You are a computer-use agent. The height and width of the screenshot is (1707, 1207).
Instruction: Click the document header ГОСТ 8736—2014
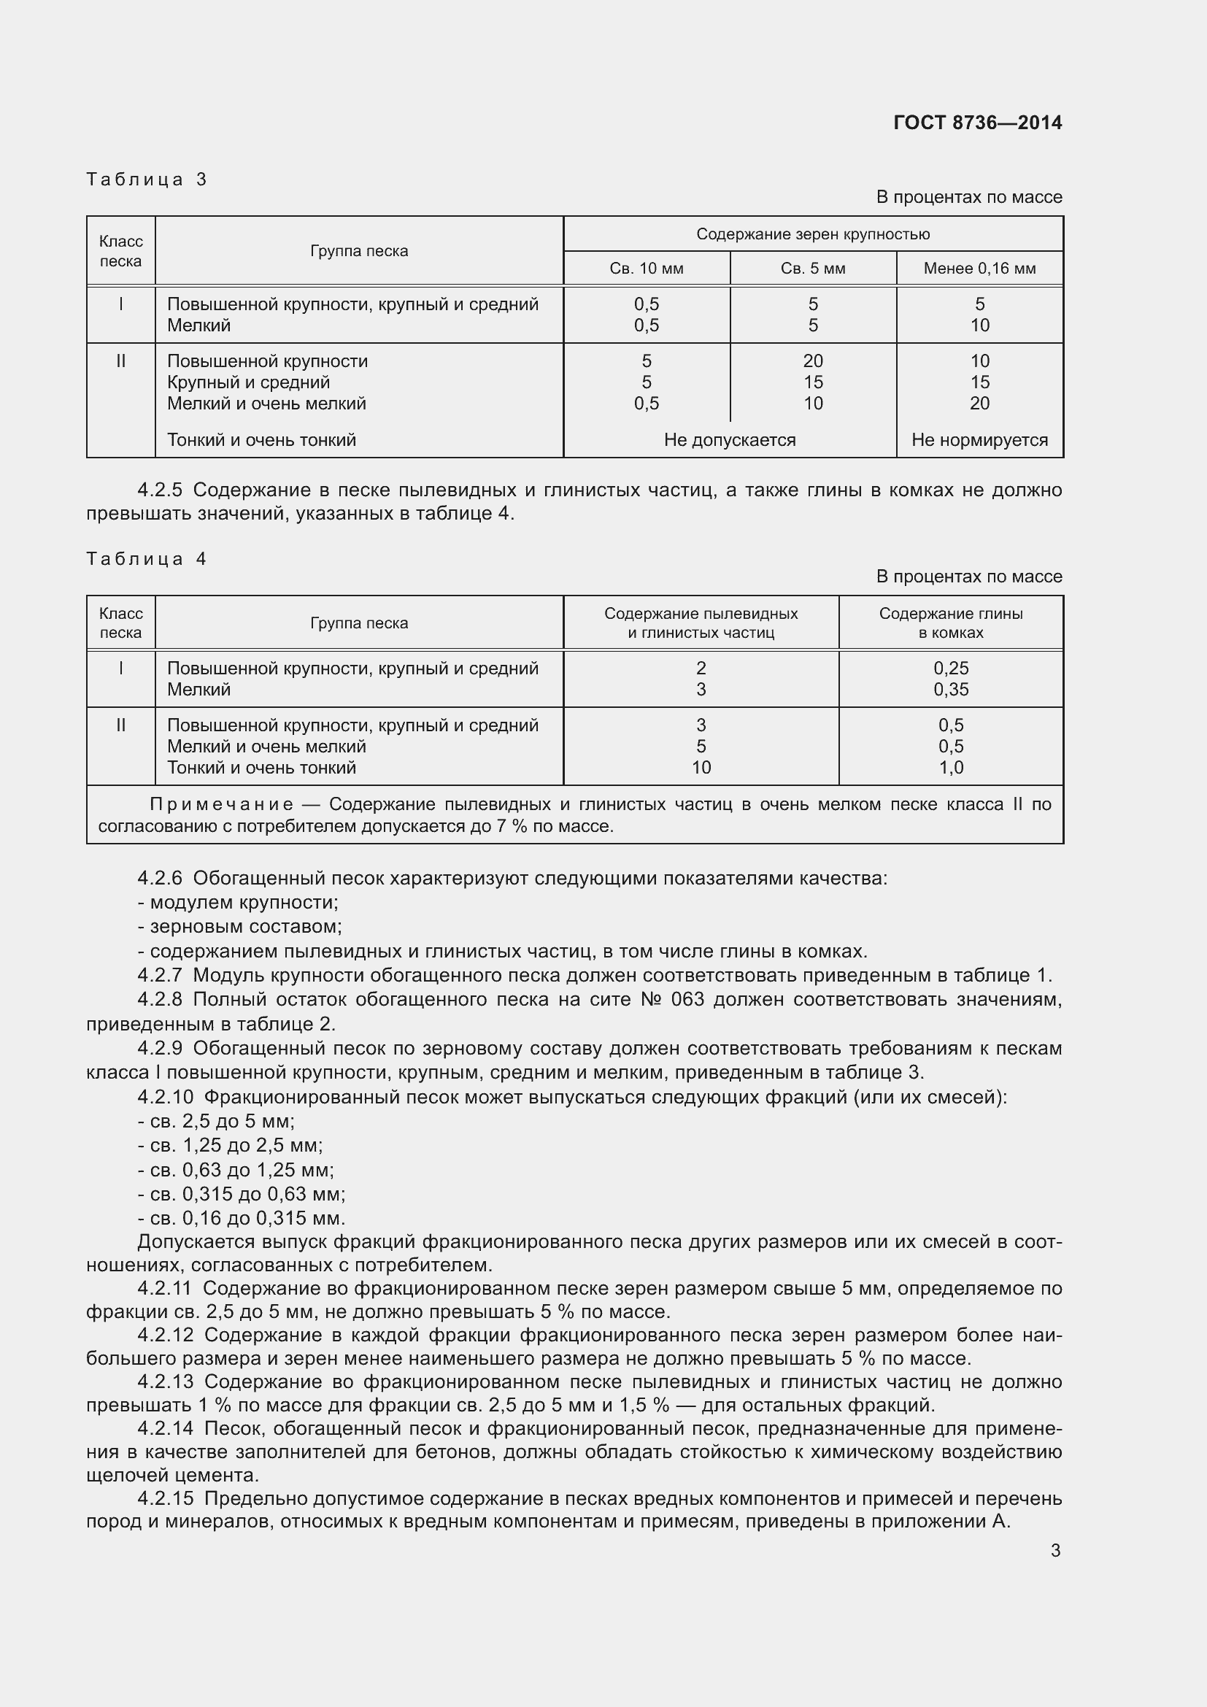coord(977,123)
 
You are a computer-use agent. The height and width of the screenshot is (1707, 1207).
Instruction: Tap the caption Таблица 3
coord(147,180)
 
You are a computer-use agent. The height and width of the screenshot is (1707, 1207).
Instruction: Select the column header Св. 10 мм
coord(646,269)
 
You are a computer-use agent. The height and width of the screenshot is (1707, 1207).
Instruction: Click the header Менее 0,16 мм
coord(979,269)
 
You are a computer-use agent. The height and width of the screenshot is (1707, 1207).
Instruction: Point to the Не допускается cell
coord(729,440)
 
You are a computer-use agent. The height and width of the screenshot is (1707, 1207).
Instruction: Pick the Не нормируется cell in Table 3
coord(979,440)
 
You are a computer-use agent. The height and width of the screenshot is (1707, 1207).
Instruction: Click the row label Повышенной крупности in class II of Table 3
coord(267,361)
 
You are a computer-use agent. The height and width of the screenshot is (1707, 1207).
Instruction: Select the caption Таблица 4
coord(147,559)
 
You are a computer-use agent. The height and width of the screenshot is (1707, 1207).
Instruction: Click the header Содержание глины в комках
coord(950,623)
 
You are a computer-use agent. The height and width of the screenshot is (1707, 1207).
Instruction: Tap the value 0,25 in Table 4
coord(951,668)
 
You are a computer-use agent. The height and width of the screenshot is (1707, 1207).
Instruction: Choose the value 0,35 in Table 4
coord(951,689)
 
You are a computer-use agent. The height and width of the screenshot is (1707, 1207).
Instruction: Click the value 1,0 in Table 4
coord(951,767)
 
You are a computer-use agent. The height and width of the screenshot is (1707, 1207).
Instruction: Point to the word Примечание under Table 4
coord(220,804)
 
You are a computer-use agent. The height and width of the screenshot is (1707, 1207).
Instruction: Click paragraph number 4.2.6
coord(159,878)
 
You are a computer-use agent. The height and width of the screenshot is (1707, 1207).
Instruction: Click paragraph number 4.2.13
coord(165,1382)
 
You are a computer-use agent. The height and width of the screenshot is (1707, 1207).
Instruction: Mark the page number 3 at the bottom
coord(1054,1551)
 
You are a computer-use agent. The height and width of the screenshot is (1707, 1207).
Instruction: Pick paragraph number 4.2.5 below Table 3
coord(159,490)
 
